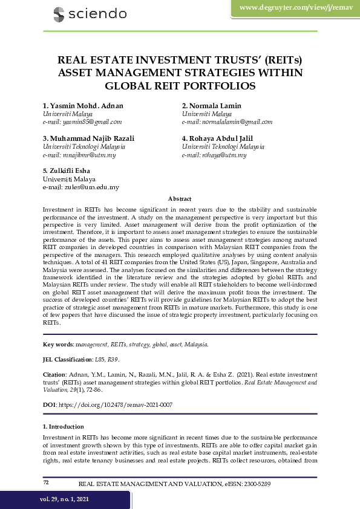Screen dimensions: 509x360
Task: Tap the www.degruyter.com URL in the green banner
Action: [295, 7]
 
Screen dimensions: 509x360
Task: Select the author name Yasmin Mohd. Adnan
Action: [83, 106]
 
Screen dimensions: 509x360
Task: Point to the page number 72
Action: [46, 482]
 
